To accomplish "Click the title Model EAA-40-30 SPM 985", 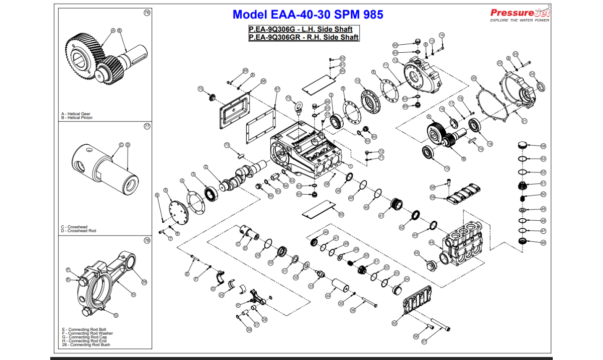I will click(308, 15).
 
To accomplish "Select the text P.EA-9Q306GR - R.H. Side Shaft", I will click(304, 37).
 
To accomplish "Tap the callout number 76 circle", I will click(147, 13).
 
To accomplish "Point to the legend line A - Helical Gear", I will click(76, 114).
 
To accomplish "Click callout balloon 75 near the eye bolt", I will click(288, 98).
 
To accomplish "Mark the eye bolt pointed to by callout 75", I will click(297, 107).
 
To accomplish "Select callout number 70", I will click(200, 89).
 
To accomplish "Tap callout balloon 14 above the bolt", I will click(442, 35).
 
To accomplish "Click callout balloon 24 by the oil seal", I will click(532, 74).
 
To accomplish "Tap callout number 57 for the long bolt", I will click(424, 341).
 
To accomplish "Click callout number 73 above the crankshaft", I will click(227, 145).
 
